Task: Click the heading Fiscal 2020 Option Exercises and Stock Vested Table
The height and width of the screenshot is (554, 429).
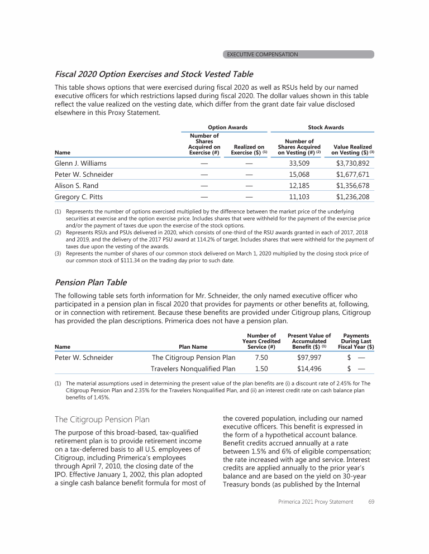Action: coord(154,74)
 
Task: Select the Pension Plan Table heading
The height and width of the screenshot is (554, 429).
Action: coord(90,282)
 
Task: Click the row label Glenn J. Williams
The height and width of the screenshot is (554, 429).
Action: coord(80,163)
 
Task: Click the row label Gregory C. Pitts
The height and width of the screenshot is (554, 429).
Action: coord(79,197)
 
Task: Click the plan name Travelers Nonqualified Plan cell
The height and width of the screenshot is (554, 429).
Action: coord(193,368)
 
